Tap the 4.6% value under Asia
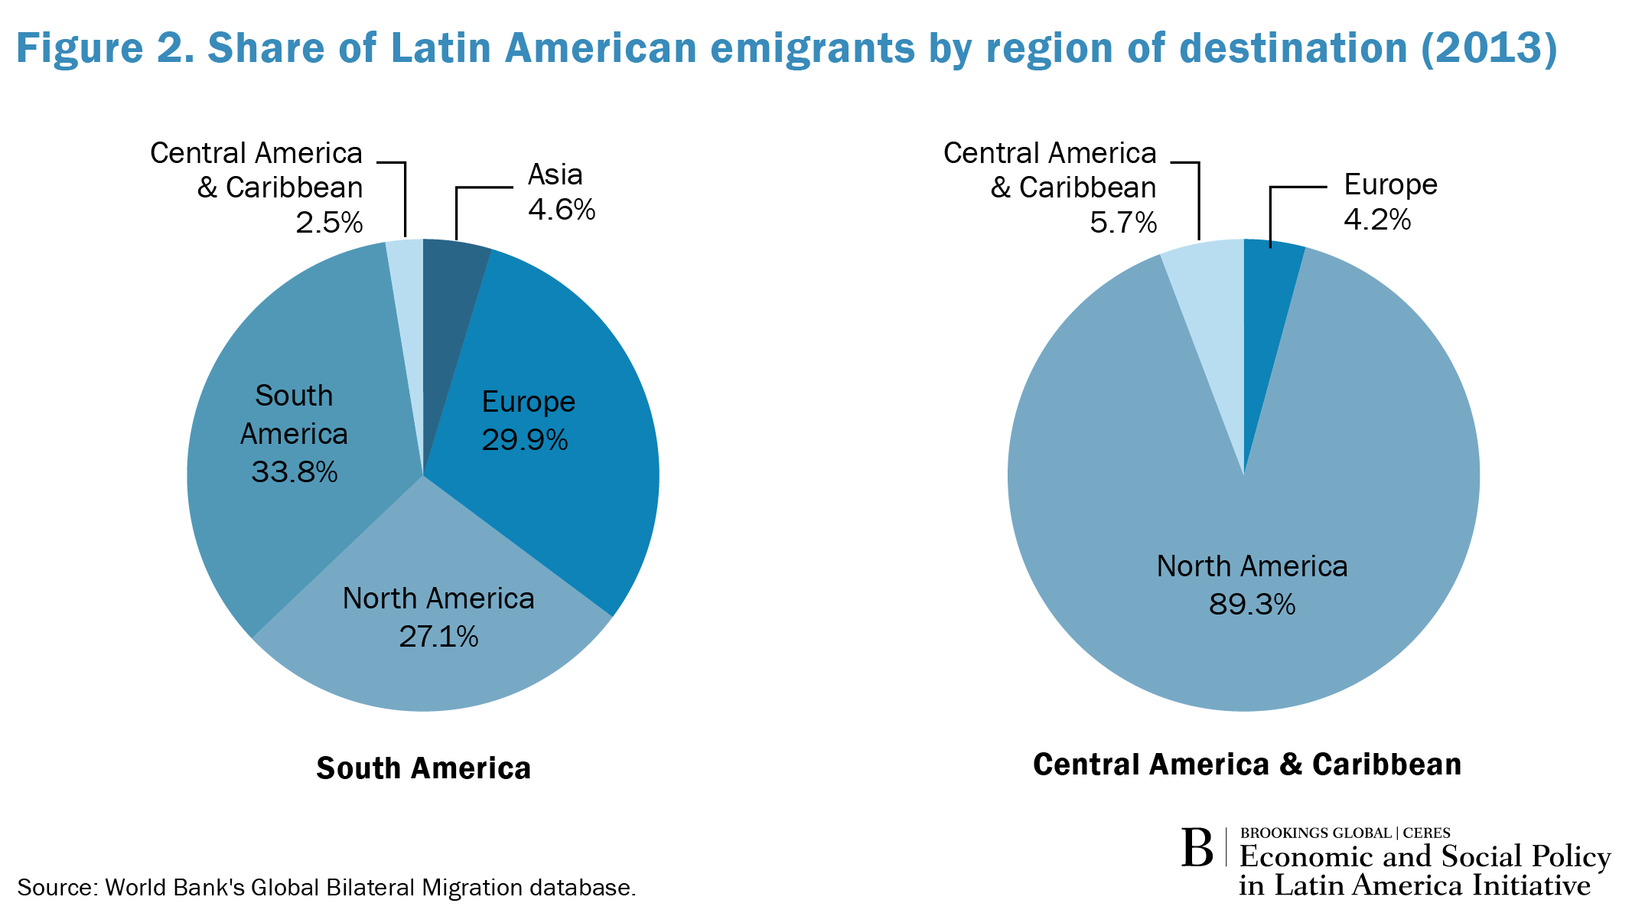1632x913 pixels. click(x=562, y=209)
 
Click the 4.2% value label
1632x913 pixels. click(x=1377, y=220)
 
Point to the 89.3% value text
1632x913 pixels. click(x=1252, y=605)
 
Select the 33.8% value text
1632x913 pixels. click(x=295, y=471)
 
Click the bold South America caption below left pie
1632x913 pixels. click(x=423, y=768)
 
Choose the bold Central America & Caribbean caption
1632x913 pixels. click(x=1247, y=765)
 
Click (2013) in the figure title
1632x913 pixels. click(x=1489, y=47)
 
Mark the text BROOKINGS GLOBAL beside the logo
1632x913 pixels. click(x=1315, y=833)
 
